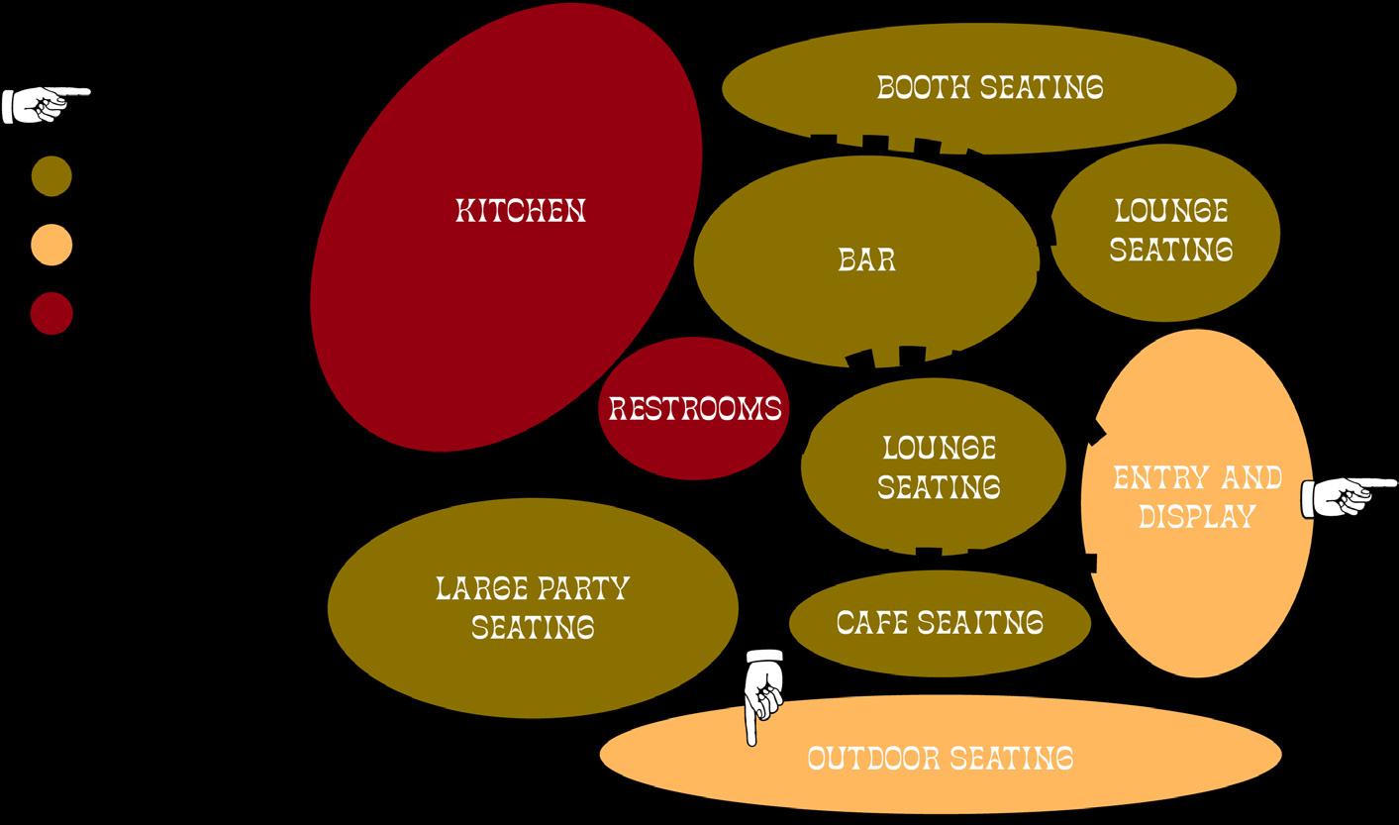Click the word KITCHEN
(x=521, y=211)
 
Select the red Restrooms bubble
(x=694, y=408)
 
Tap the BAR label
(x=866, y=259)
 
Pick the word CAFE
(x=872, y=623)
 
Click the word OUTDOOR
(x=872, y=759)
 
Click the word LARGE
(x=480, y=588)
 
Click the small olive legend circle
(x=51, y=176)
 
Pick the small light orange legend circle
(x=51, y=245)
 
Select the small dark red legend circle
(x=51, y=313)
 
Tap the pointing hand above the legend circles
(x=45, y=103)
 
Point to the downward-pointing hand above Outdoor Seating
(x=763, y=693)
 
